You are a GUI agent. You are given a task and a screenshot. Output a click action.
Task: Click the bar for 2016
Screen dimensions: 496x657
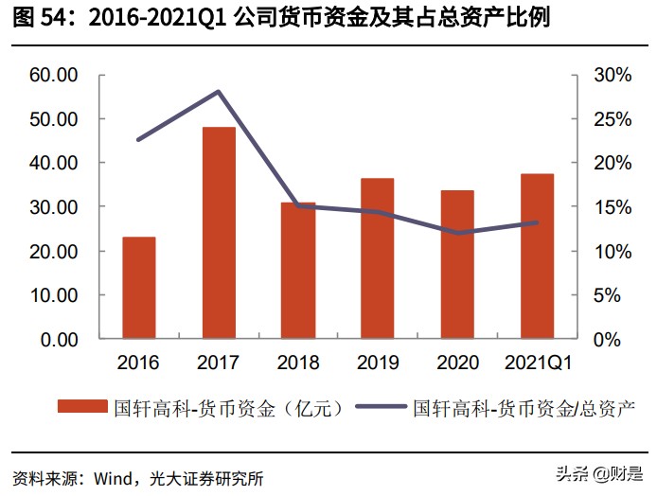(x=139, y=287)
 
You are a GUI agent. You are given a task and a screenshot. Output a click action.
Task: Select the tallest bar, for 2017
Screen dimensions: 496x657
(x=219, y=232)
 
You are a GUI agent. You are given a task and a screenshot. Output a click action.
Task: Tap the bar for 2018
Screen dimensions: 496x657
(x=298, y=270)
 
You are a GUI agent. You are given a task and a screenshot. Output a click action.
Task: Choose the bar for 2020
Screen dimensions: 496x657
(x=457, y=263)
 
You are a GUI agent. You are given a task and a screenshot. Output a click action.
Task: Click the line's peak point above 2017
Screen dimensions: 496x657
(x=219, y=92)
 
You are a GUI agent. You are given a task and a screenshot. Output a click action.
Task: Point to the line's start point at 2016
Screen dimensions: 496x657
(x=139, y=140)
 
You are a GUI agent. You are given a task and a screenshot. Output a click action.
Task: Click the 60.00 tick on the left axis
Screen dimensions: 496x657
(x=54, y=75)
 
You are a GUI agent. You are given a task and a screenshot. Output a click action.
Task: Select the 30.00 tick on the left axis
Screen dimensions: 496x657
(x=54, y=206)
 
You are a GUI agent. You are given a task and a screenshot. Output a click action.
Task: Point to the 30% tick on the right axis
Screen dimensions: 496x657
(x=612, y=75)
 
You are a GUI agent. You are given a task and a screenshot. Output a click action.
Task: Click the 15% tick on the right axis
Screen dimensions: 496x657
(x=612, y=206)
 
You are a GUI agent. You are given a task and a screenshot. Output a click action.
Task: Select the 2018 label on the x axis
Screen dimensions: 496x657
(x=298, y=363)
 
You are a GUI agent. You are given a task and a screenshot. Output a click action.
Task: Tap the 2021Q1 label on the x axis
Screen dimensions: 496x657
(x=537, y=363)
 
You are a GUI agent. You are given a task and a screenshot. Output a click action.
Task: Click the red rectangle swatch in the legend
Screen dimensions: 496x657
(x=82, y=408)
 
